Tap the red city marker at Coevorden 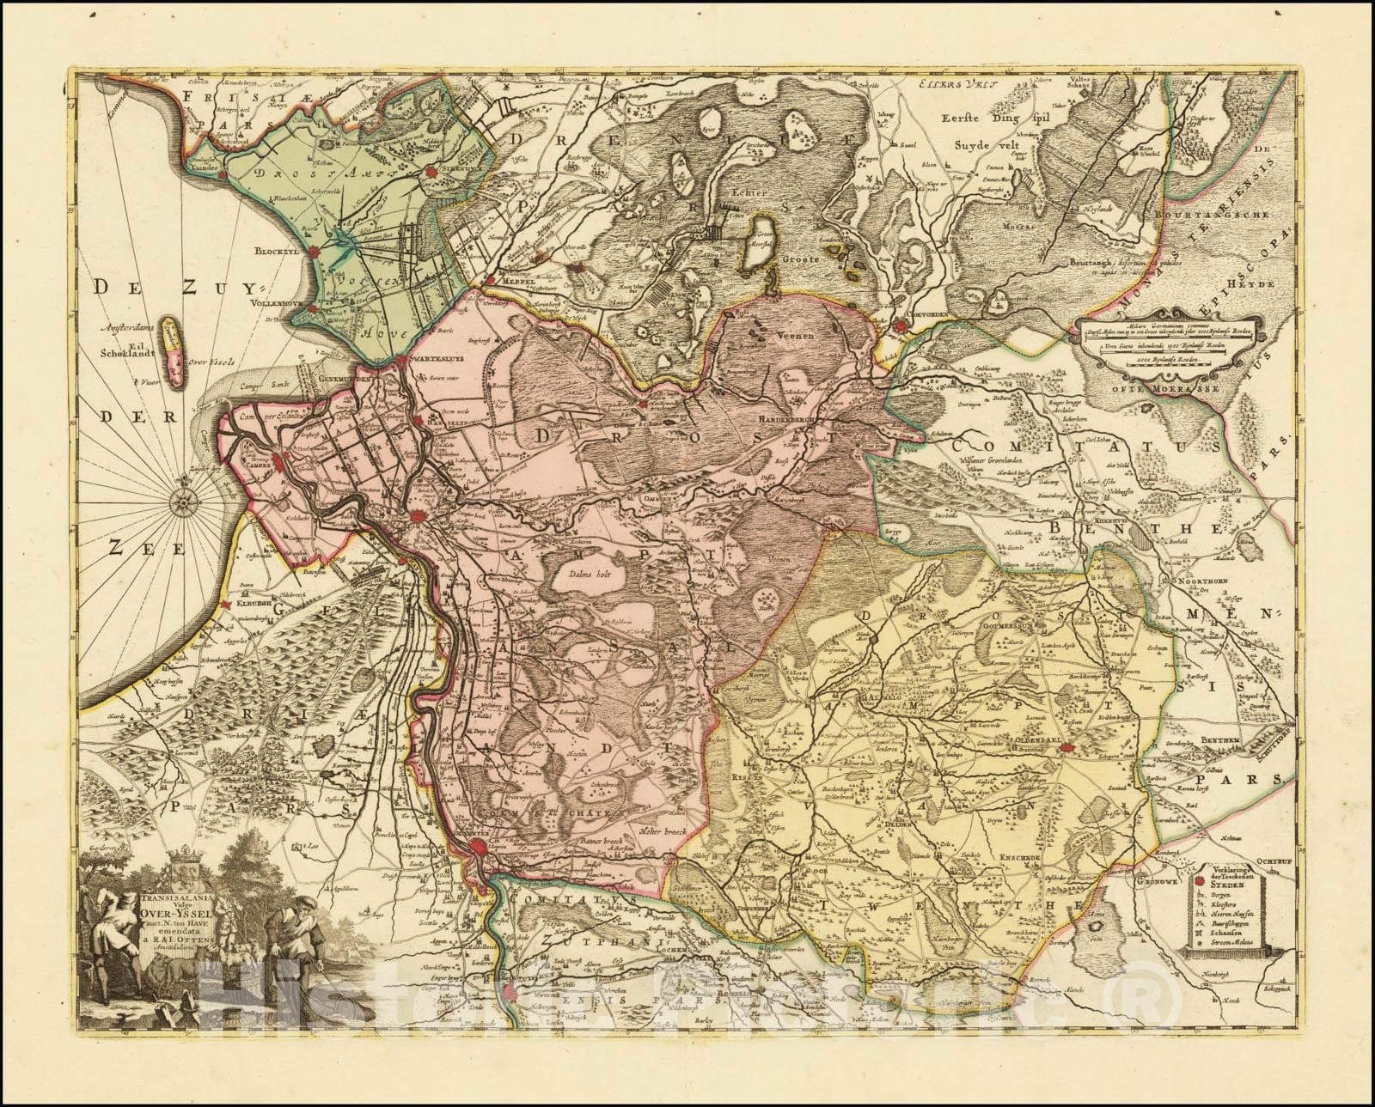click(x=900, y=327)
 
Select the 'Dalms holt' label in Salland click(x=583, y=576)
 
